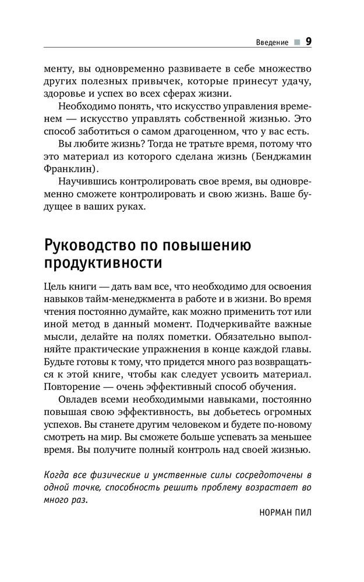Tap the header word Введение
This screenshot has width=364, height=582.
[272, 42]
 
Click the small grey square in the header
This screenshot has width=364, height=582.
[297, 42]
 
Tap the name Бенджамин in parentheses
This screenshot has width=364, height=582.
[283, 157]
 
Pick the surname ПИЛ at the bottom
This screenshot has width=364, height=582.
[304, 514]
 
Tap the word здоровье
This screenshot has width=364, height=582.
[63, 93]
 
